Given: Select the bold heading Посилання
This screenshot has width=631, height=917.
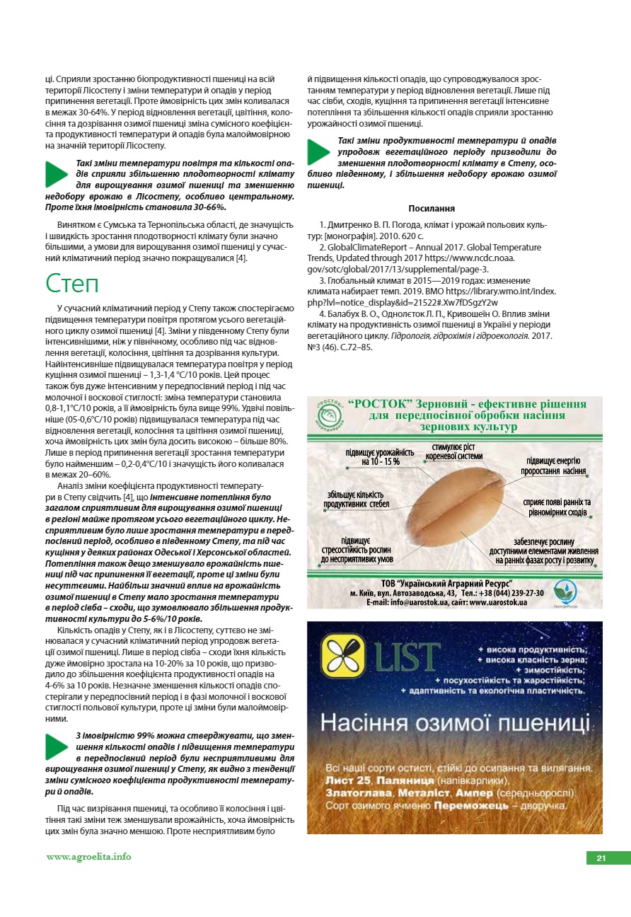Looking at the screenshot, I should (x=432, y=208).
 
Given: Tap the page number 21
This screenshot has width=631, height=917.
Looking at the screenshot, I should (x=601, y=858).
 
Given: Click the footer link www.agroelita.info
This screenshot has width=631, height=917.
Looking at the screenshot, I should (x=89, y=857).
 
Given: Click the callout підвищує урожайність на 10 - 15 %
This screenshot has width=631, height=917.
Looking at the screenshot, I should (x=379, y=457).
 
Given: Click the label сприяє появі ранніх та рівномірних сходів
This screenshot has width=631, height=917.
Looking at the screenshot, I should (x=557, y=507).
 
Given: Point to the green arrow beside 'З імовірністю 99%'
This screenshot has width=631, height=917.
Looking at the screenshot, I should (x=57, y=747).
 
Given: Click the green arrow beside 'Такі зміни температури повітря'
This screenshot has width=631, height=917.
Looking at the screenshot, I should (x=57, y=174).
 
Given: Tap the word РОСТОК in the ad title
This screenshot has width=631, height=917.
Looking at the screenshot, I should (x=374, y=404).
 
